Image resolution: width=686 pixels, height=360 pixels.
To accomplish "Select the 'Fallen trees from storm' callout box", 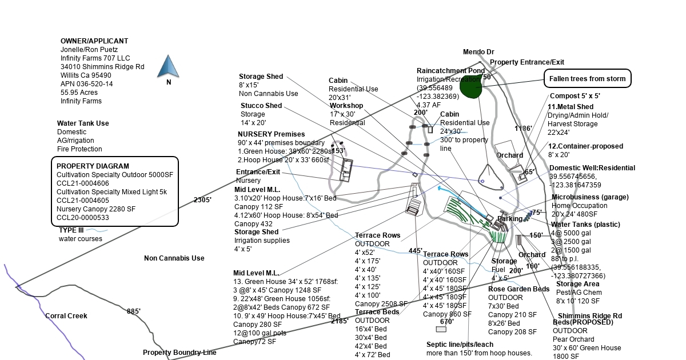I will [x=587, y=79].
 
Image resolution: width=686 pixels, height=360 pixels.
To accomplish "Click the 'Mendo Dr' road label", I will [x=478, y=52].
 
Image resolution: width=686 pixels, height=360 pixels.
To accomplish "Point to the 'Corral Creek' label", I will [x=66, y=316].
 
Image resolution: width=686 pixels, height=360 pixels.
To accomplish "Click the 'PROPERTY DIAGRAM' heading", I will [x=93, y=166].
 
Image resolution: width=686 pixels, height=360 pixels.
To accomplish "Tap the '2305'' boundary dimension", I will [x=202, y=200].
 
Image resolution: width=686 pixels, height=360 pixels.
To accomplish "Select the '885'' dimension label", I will [x=134, y=311].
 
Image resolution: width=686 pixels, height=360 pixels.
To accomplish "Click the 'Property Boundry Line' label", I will [x=180, y=353].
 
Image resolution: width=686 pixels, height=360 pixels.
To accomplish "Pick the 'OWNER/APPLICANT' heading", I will [x=94, y=41].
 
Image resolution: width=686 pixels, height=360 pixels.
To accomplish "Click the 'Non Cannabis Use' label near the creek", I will [x=174, y=258].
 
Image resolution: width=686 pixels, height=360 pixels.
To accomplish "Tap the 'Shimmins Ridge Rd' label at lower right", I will [x=589, y=316].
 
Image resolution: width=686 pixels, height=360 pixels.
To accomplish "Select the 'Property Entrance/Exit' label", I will [x=527, y=62].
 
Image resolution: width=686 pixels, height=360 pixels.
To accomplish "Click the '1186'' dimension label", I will [x=523, y=129].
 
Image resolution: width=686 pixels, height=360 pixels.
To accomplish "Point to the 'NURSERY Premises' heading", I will [x=271, y=134].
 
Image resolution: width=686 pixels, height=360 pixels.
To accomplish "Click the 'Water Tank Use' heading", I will [x=83, y=123].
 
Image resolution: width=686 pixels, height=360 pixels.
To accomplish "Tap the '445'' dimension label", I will [x=416, y=251].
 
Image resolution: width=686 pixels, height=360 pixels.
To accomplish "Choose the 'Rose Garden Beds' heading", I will [x=519, y=289].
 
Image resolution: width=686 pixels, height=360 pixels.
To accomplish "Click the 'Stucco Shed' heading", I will [x=261, y=106].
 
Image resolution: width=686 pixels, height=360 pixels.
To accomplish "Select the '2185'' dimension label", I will [x=340, y=321].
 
